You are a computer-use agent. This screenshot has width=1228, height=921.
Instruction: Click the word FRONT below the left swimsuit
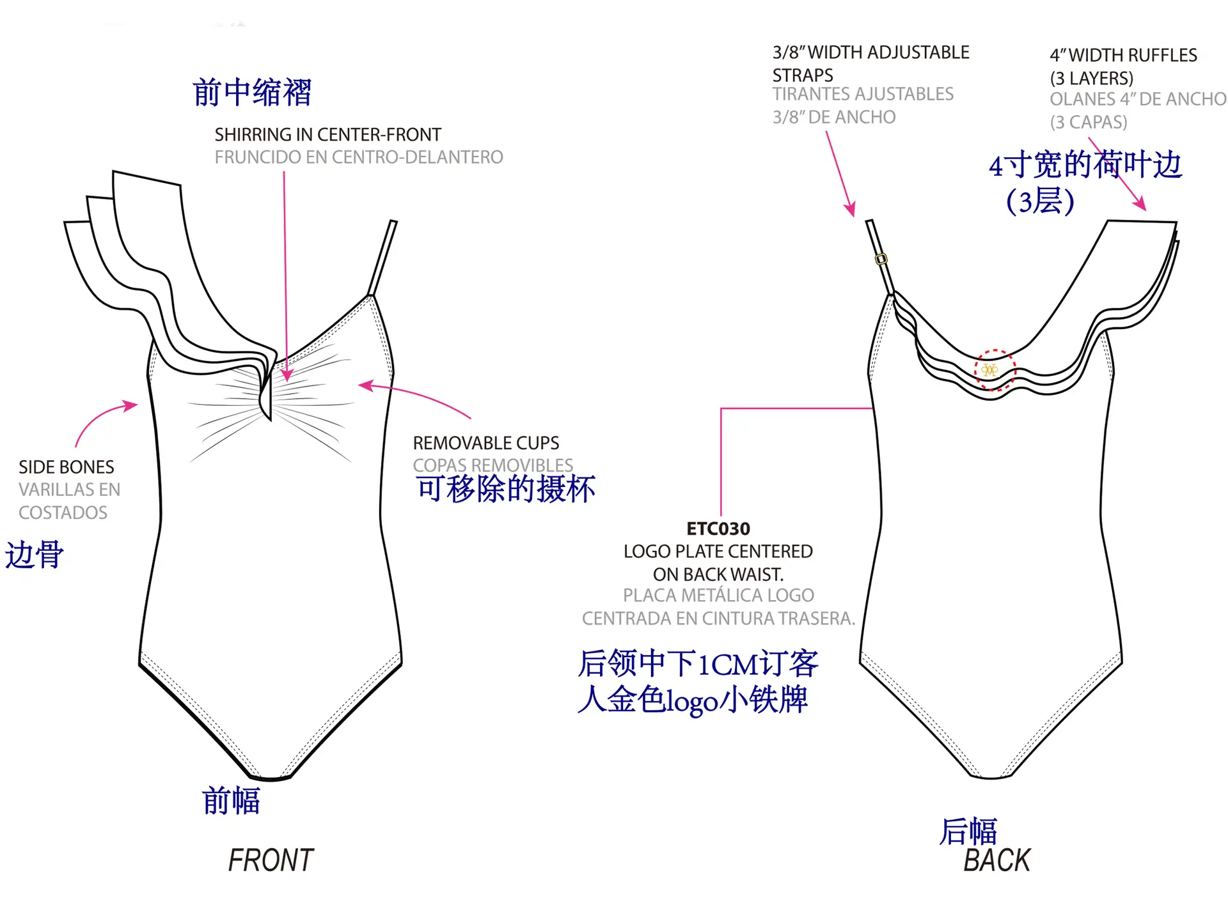tap(271, 860)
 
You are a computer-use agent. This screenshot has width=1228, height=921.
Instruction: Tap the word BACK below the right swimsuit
tap(997, 860)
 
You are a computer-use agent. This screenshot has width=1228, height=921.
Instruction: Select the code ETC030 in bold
tap(718, 529)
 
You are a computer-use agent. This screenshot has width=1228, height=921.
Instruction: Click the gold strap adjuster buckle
tap(881, 259)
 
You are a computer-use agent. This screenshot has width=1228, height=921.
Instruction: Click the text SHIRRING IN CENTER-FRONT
tap(327, 135)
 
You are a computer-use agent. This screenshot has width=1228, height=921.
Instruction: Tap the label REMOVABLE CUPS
tap(485, 443)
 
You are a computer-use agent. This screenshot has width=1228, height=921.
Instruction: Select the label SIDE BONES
tap(67, 467)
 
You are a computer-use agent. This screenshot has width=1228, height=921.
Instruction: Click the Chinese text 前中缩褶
tap(252, 93)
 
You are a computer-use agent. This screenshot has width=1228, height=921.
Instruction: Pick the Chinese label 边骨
tap(35, 554)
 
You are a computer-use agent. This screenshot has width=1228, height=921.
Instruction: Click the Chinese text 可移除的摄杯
tap(505, 489)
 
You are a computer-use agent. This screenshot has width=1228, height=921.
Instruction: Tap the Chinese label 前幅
tap(231, 801)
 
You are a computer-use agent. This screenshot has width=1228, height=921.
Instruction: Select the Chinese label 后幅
tap(968, 832)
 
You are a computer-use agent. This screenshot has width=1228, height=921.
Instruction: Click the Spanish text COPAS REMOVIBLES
tap(492, 465)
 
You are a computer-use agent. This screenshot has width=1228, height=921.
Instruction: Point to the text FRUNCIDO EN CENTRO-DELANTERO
tap(359, 157)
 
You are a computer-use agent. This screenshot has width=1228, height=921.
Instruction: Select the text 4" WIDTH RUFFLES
tap(1123, 56)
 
